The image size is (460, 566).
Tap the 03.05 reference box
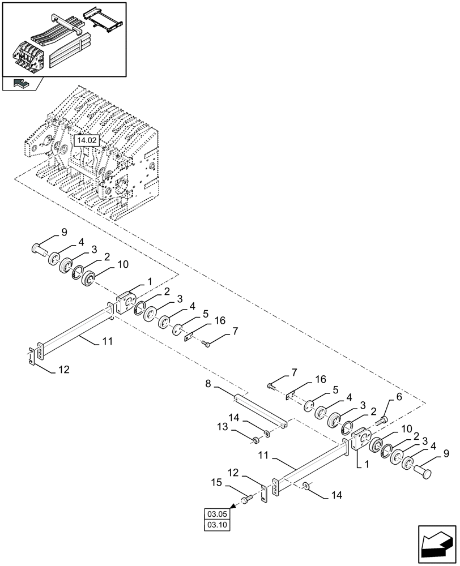217,514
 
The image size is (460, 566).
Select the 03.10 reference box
217,525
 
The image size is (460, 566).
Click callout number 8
208,384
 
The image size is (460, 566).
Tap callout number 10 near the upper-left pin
122,264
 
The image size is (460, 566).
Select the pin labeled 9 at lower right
425,470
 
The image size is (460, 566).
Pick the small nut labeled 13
256,439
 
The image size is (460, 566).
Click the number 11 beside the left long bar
108,341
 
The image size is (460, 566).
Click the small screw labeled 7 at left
206,343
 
